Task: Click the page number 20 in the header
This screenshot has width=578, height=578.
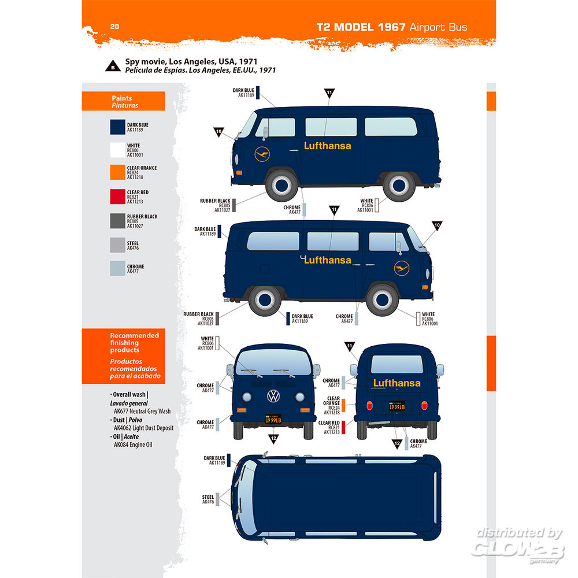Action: tap(114, 26)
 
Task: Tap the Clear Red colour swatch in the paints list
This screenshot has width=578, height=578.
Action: tap(117, 197)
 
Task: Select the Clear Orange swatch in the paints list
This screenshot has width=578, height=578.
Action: tap(117, 172)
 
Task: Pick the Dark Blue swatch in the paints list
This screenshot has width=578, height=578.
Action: tap(117, 127)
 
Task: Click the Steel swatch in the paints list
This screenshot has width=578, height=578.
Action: tap(117, 244)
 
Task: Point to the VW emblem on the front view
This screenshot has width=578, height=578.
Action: tap(272, 397)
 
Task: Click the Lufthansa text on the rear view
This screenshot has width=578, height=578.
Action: tap(397, 383)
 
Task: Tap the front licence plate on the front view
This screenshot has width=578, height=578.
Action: tap(273, 420)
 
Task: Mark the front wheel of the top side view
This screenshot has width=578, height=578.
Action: tap(281, 185)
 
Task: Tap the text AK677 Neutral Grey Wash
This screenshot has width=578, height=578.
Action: tap(142, 411)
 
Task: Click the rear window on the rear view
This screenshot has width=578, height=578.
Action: tap(397, 364)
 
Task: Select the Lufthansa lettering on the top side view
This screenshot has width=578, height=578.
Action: tap(327, 146)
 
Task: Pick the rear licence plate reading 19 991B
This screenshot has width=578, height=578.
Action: tap(396, 407)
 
